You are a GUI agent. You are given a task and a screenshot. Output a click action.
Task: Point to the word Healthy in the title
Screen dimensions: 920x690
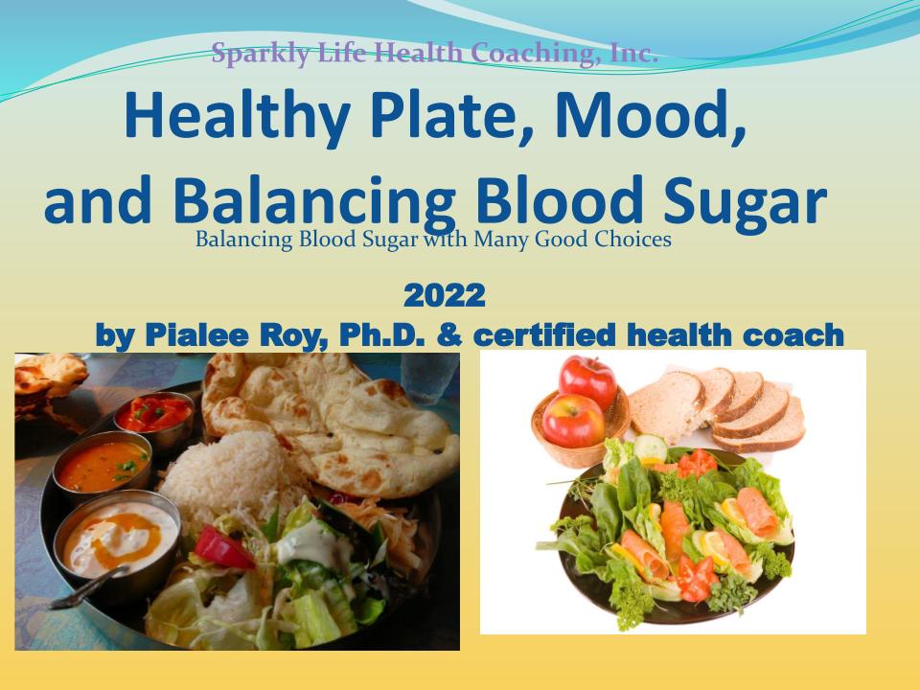coord(237,116)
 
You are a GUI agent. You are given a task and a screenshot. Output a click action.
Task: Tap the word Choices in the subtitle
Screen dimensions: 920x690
coord(632,239)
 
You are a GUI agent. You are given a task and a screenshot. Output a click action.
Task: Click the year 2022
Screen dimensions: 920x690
coord(444,295)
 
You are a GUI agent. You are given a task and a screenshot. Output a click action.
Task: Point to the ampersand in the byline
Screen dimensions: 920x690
coord(448,335)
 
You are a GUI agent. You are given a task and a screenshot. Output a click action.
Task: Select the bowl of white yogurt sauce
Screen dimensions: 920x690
coord(117,540)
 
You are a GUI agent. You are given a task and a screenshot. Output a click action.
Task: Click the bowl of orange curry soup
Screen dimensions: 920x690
coord(103,465)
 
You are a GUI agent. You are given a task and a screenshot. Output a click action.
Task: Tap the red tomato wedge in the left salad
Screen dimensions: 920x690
coord(223,549)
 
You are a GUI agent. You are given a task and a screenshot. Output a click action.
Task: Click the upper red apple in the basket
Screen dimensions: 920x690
coord(587,380)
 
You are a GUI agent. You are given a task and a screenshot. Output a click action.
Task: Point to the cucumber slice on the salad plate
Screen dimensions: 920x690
coord(650,449)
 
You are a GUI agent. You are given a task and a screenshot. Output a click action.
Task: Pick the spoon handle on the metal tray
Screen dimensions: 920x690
coord(89,587)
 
